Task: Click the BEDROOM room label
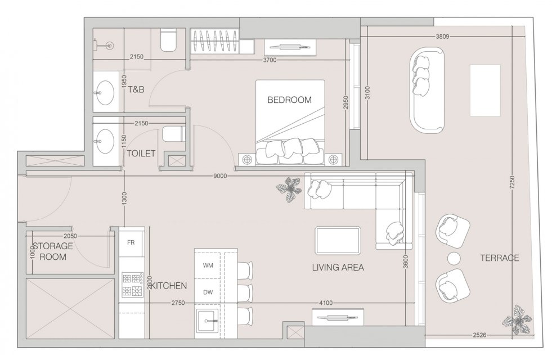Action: [x=289, y=100]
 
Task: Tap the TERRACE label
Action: [x=500, y=258]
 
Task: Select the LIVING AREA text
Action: [x=338, y=267]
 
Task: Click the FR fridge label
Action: [x=131, y=242]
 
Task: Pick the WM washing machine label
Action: [x=208, y=265]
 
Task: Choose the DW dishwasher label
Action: [x=208, y=292]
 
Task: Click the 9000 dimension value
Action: [x=220, y=176]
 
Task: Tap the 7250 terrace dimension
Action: [x=512, y=183]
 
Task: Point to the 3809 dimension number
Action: [x=442, y=36]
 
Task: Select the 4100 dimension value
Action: [x=325, y=303]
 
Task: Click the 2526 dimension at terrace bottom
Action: [x=479, y=335]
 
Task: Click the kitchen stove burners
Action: [x=132, y=285]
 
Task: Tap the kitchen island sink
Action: [x=208, y=321]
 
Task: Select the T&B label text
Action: [x=136, y=89]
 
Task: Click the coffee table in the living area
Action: [x=338, y=240]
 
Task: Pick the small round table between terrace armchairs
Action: [x=454, y=258]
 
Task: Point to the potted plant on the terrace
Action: [x=517, y=320]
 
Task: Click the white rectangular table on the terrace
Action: [x=485, y=90]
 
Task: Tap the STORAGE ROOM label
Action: [x=53, y=251]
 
